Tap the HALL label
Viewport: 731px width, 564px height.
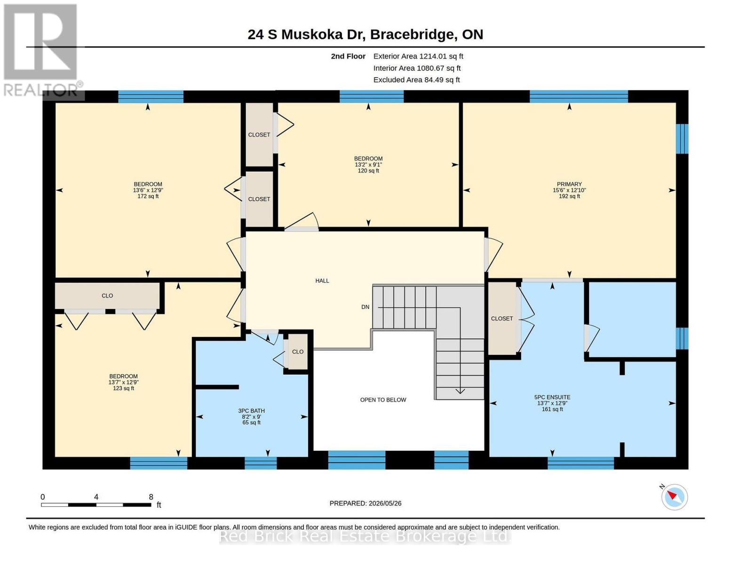tap(322, 281)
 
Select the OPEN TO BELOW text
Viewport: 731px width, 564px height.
tap(383, 399)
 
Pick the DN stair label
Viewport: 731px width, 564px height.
tap(365, 307)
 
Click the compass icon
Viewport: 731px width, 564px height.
tap(674, 497)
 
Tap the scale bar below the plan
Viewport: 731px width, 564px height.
tap(96, 504)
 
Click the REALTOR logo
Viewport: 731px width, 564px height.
tap(41, 50)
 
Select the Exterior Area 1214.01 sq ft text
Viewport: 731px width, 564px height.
tap(418, 56)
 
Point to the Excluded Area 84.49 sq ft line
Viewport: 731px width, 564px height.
tap(416, 79)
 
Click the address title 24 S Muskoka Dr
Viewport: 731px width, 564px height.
tap(306, 34)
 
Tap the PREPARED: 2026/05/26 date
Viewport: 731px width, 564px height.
tap(365, 503)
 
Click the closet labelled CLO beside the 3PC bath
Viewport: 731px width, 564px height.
tap(298, 352)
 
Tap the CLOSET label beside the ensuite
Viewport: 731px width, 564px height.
tap(502, 318)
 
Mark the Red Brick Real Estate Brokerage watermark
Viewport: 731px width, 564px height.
tap(365, 536)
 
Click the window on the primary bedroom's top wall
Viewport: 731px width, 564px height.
tap(579, 96)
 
